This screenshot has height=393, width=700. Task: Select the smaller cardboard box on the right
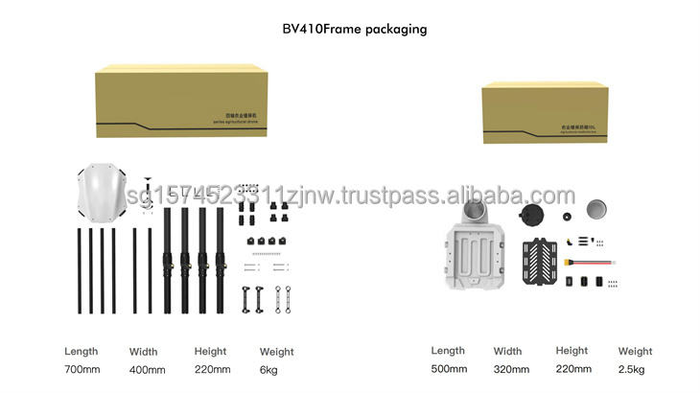point(545,111)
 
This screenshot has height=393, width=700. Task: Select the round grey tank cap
point(597,208)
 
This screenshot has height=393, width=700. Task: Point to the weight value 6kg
point(270,369)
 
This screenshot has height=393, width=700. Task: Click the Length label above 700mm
point(81,352)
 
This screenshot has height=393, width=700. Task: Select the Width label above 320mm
point(509,352)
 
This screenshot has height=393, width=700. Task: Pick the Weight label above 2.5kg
point(635,352)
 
